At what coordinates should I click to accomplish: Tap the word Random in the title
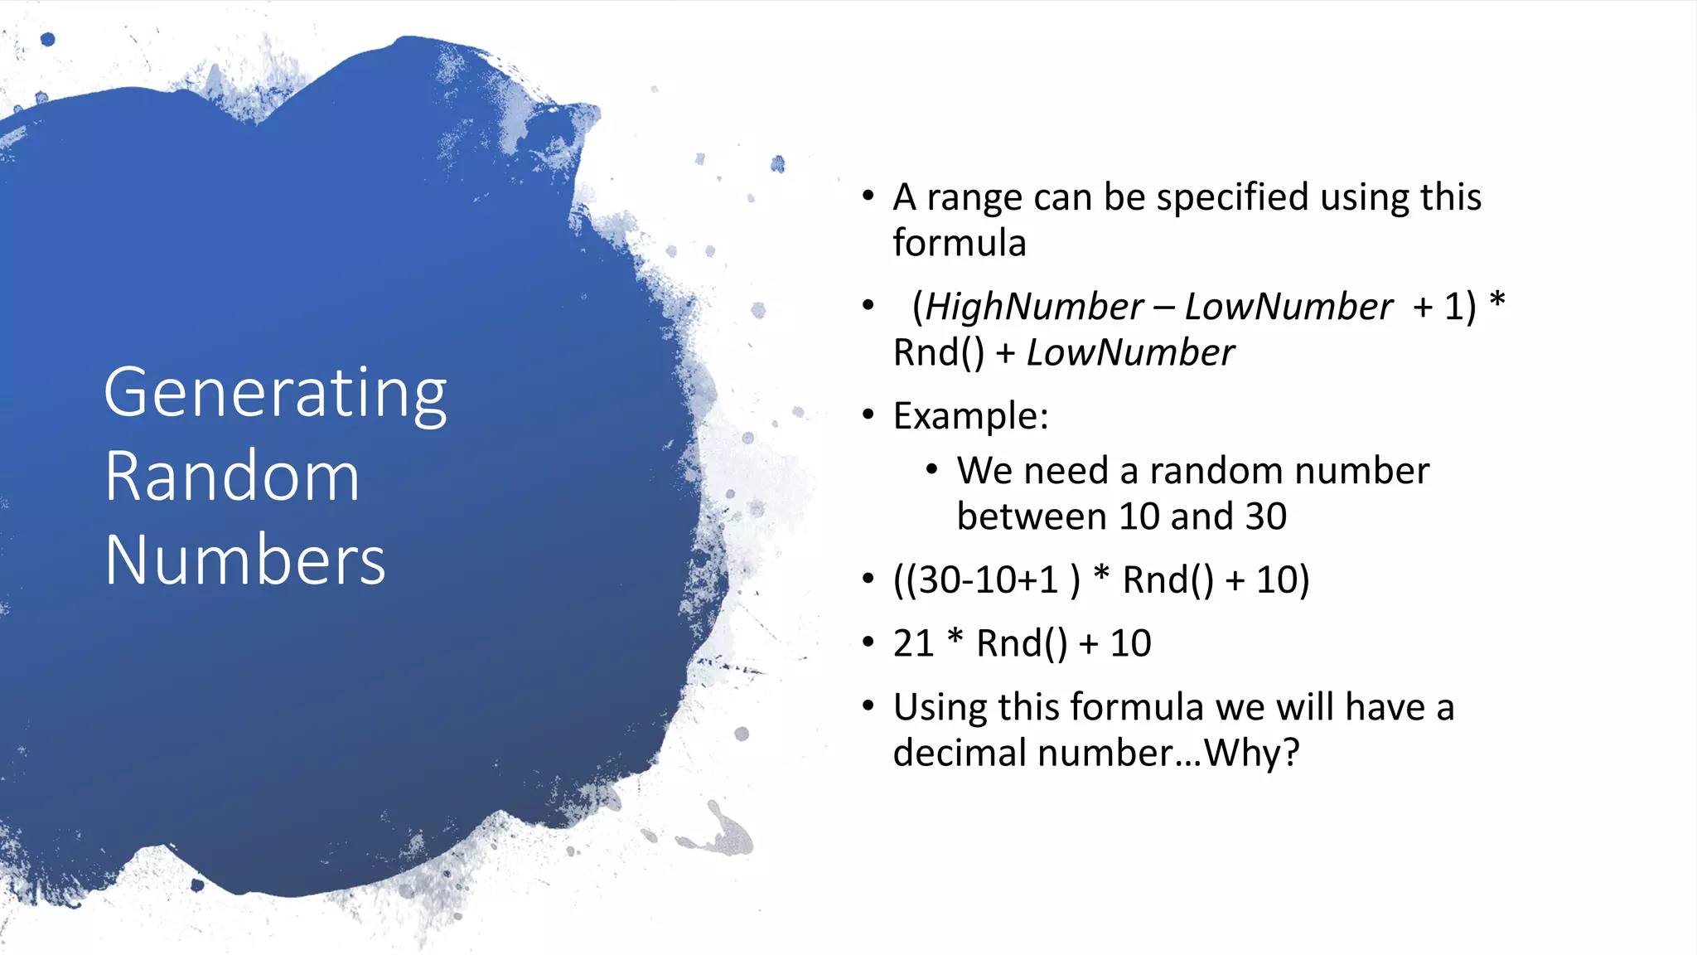[x=232, y=477]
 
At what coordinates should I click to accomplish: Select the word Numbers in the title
[x=245, y=560]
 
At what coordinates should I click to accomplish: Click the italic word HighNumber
[x=1034, y=308]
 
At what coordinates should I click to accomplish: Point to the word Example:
[x=970, y=416]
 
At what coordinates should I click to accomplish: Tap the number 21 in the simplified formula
[x=913, y=644]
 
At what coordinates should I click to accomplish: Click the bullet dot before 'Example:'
[x=868, y=414]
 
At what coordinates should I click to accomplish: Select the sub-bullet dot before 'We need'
[x=931, y=470]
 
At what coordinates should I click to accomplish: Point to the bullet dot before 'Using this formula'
[x=868, y=706]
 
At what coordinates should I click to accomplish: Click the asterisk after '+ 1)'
[x=1496, y=300]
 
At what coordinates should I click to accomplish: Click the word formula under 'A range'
[x=959, y=244]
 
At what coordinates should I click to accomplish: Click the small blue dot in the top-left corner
[x=47, y=39]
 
